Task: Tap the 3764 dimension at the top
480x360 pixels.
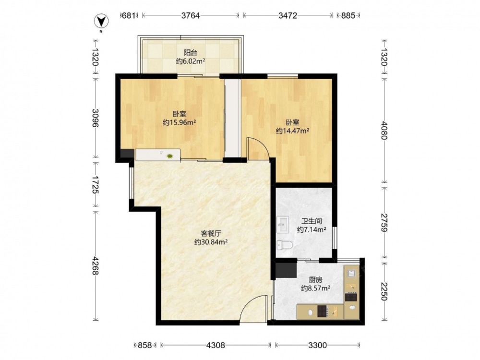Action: pos(191,15)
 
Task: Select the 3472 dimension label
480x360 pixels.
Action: pos(288,15)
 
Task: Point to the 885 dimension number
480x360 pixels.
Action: pos(348,15)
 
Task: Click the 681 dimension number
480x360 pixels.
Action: pos(129,15)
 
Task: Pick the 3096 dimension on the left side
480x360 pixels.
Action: pos(95,118)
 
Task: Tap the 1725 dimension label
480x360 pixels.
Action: pos(95,185)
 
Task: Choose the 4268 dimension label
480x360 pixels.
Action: pos(95,265)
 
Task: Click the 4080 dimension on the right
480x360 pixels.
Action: pos(384,131)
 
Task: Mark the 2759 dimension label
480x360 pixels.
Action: pos(384,223)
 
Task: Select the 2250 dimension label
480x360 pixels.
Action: pos(384,291)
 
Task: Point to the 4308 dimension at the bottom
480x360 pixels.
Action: pos(216,345)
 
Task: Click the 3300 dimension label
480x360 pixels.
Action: pos(317,345)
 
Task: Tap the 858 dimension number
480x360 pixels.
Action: pos(145,345)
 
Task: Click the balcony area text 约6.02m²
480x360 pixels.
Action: pos(191,61)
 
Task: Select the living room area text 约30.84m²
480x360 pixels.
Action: pos(211,242)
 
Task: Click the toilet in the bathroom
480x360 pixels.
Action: pos(284,245)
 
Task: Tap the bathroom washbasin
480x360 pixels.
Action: pos(283,225)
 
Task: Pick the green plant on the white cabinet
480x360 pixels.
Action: pos(169,156)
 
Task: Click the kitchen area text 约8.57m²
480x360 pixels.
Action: pos(316,288)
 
